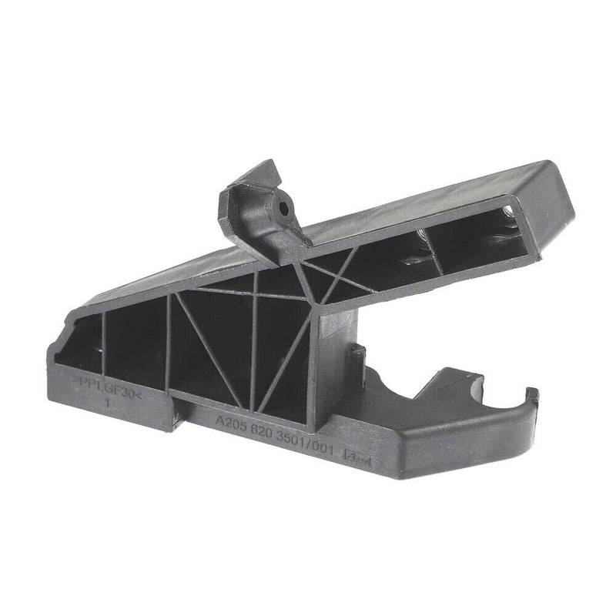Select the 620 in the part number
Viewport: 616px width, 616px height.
click(266, 434)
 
